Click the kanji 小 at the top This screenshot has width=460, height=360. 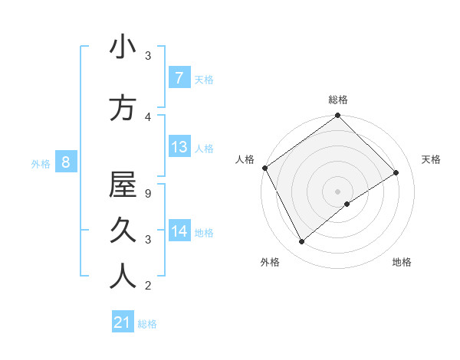[x=123, y=47]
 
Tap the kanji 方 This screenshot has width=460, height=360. [x=123, y=109]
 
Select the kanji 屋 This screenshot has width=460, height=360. [x=123, y=185]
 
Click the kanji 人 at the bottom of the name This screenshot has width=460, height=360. [x=123, y=277]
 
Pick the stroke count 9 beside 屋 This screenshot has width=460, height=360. [x=148, y=194]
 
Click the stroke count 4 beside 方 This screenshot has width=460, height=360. [x=148, y=117]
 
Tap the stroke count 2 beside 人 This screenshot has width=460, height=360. [x=148, y=286]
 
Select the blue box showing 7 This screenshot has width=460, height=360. [x=179, y=78]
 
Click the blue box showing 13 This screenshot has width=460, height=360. [x=179, y=147]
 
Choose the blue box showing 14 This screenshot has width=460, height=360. [x=179, y=231]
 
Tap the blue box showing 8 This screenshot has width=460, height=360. [x=66, y=162]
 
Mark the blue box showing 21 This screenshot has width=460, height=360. [x=122, y=323]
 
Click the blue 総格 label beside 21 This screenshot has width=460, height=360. [x=147, y=324]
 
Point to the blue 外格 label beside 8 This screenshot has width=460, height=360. [x=41, y=163]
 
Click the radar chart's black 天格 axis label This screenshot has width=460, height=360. [x=432, y=159]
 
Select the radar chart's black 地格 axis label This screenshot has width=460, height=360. [x=402, y=262]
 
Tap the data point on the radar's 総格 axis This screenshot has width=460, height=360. [x=337, y=116]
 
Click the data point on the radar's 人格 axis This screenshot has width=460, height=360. [x=264, y=168]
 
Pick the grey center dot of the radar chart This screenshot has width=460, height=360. [x=337, y=191]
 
